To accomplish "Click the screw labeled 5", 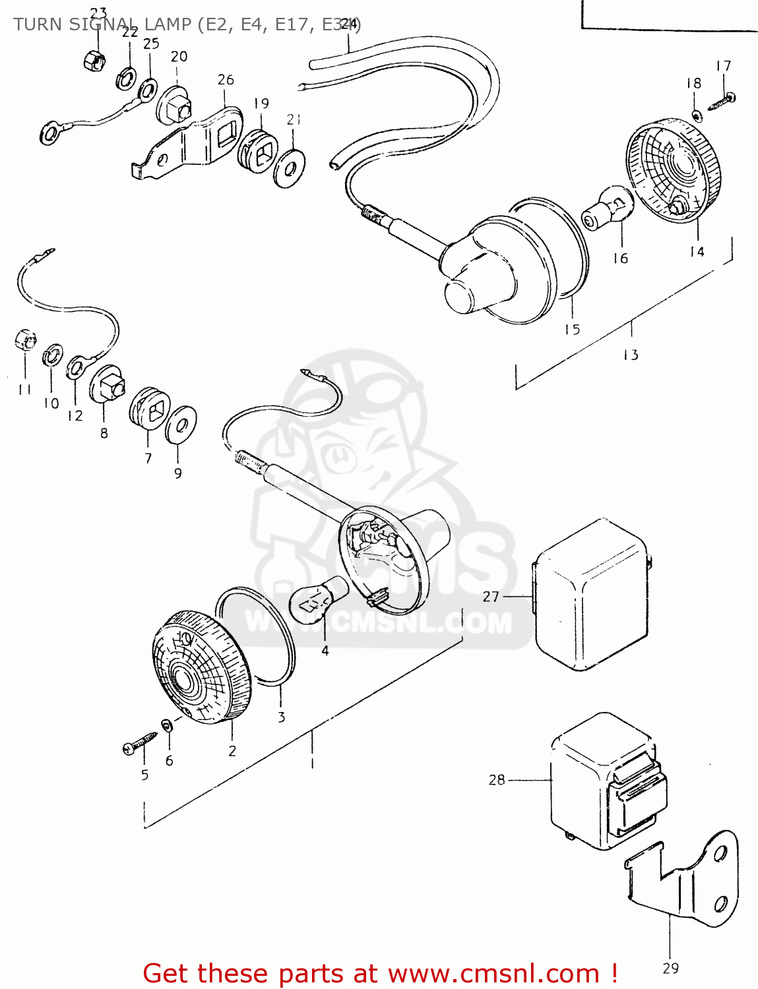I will tap(139, 743).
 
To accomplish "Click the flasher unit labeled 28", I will tap(607, 782).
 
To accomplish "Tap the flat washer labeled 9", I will tap(180, 425).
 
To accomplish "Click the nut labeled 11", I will tap(24, 340).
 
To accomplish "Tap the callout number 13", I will tap(631, 355).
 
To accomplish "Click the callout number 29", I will tap(670, 968).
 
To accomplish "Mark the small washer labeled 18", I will tap(697, 116).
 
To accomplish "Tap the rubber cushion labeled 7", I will tap(150, 409).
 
